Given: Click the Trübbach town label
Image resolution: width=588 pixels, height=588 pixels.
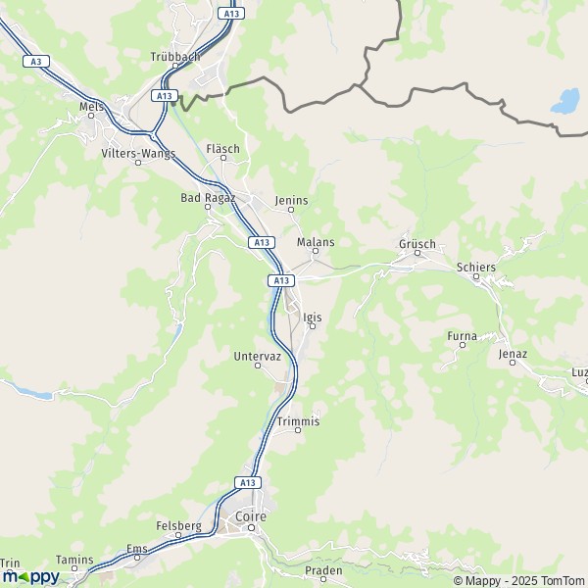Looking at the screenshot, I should click(176, 57).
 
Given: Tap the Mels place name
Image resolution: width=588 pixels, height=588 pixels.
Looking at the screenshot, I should click(91, 107).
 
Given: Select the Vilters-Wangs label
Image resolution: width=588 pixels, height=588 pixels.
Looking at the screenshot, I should click(138, 153).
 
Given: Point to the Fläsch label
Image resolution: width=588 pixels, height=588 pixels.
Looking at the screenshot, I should click(222, 149).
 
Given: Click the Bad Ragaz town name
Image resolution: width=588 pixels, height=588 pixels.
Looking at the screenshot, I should click(208, 197).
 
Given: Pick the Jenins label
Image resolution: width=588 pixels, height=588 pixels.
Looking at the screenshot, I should click(291, 201).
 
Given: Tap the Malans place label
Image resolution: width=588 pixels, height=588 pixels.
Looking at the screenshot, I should click(315, 242).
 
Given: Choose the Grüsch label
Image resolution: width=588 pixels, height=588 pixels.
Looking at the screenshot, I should click(416, 244).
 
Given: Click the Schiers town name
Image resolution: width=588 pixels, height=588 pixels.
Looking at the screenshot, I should click(476, 267).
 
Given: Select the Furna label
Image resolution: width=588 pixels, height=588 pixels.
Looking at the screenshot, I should click(462, 336).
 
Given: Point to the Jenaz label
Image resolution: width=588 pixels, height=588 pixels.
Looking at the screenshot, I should click(513, 354).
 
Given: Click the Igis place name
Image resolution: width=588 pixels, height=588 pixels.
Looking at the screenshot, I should click(313, 318).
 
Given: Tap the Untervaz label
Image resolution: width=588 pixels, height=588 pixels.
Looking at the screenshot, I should click(258, 357).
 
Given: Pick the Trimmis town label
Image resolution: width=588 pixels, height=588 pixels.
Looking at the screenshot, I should click(298, 421).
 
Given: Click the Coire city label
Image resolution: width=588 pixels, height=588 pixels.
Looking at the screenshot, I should click(250, 516).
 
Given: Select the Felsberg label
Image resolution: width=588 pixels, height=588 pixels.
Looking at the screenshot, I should click(178, 526).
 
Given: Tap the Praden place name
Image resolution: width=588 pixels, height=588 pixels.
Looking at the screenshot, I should click(323, 569).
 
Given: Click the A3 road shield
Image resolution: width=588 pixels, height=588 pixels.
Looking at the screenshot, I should click(36, 61).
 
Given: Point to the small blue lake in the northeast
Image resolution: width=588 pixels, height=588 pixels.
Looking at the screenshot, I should click(564, 100).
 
